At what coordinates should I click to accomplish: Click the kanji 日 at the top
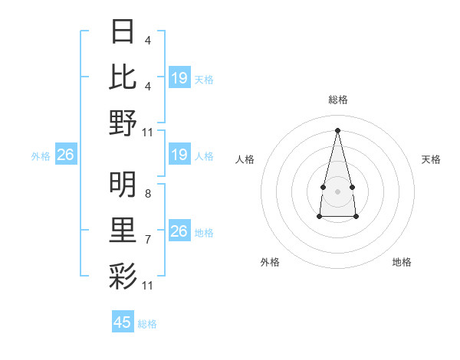tap(123, 33)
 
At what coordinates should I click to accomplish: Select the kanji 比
tap(123, 77)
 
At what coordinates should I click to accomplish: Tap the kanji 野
tap(123, 123)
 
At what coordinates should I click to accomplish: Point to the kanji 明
tap(123, 184)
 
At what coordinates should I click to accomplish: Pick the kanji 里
tap(123, 229)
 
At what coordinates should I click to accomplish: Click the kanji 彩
tap(123, 274)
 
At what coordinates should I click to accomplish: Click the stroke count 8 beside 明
tap(147, 195)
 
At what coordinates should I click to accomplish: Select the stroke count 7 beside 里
tap(147, 240)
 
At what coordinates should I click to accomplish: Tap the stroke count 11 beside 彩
tap(148, 286)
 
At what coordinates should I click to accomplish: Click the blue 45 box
tap(123, 322)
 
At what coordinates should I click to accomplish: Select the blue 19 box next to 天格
tap(179, 78)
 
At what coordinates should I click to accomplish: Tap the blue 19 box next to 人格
tap(179, 155)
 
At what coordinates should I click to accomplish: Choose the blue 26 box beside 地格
tap(179, 231)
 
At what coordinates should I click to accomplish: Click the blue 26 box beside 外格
tap(65, 155)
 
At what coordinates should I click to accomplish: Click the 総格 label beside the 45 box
tap(147, 323)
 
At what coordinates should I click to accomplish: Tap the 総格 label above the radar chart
tap(337, 100)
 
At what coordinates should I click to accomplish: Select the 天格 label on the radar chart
tap(432, 159)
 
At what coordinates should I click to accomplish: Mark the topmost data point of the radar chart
tap(337, 129)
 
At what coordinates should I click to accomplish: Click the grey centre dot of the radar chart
tap(337, 189)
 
